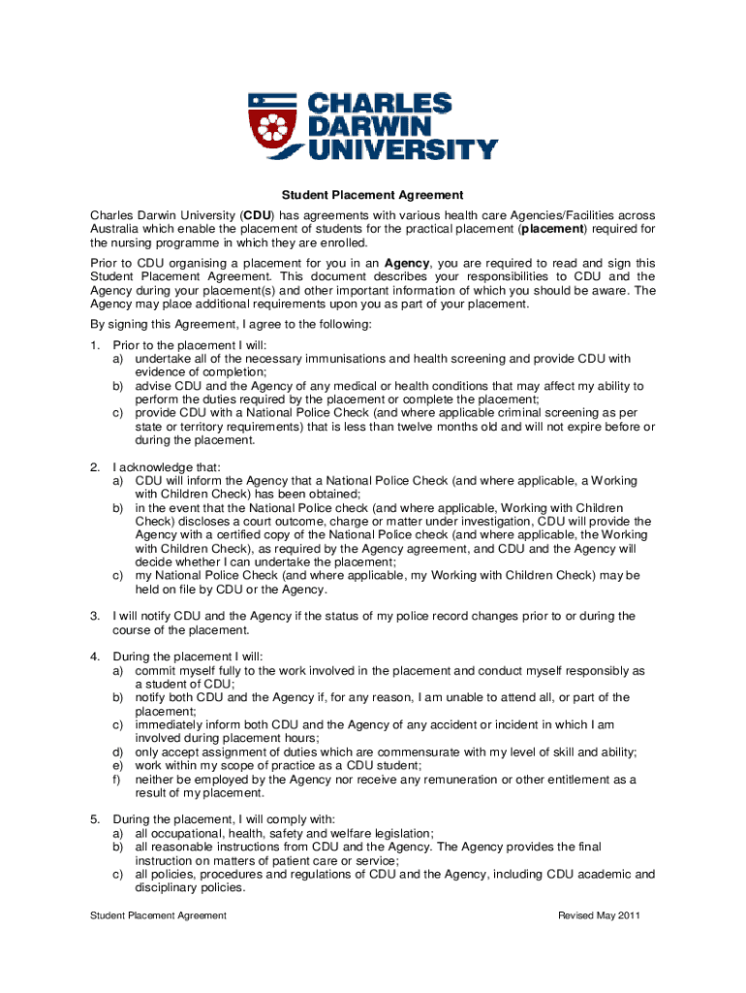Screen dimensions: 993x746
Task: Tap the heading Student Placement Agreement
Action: pyautogui.click(x=373, y=195)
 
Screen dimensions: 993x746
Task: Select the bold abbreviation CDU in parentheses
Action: pyautogui.click(x=257, y=214)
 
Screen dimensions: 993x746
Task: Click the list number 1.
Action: pyautogui.click(x=95, y=344)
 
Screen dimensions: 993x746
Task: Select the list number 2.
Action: pyautogui.click(x=95, y=466)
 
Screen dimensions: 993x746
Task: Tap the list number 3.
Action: pyautogui.click(x=95, y=616)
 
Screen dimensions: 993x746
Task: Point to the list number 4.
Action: pyautogui.click(x=95, y=657)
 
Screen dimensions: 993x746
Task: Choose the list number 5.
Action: pyautogui.click(x=95, y=819)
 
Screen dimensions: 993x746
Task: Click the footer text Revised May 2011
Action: pyautogui.click(x=599, y=915)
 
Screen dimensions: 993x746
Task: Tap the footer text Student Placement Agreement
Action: pyautogui.click(x=158, y=915)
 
